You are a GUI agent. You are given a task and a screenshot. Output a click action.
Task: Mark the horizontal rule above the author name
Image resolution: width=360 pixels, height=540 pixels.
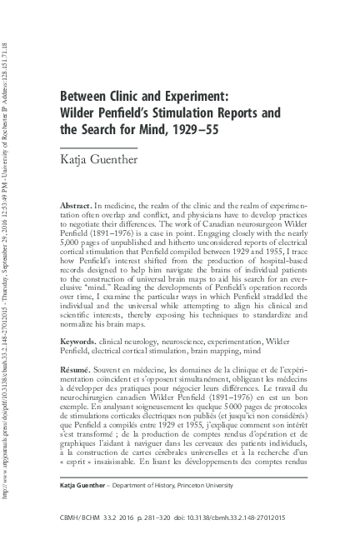98,147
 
